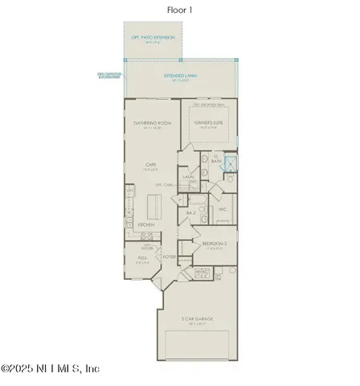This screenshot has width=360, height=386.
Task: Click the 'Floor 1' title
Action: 179,10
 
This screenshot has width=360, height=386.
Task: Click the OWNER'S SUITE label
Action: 211,122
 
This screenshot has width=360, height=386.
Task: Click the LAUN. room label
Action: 189,177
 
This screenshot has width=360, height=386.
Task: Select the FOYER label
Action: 170,257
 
